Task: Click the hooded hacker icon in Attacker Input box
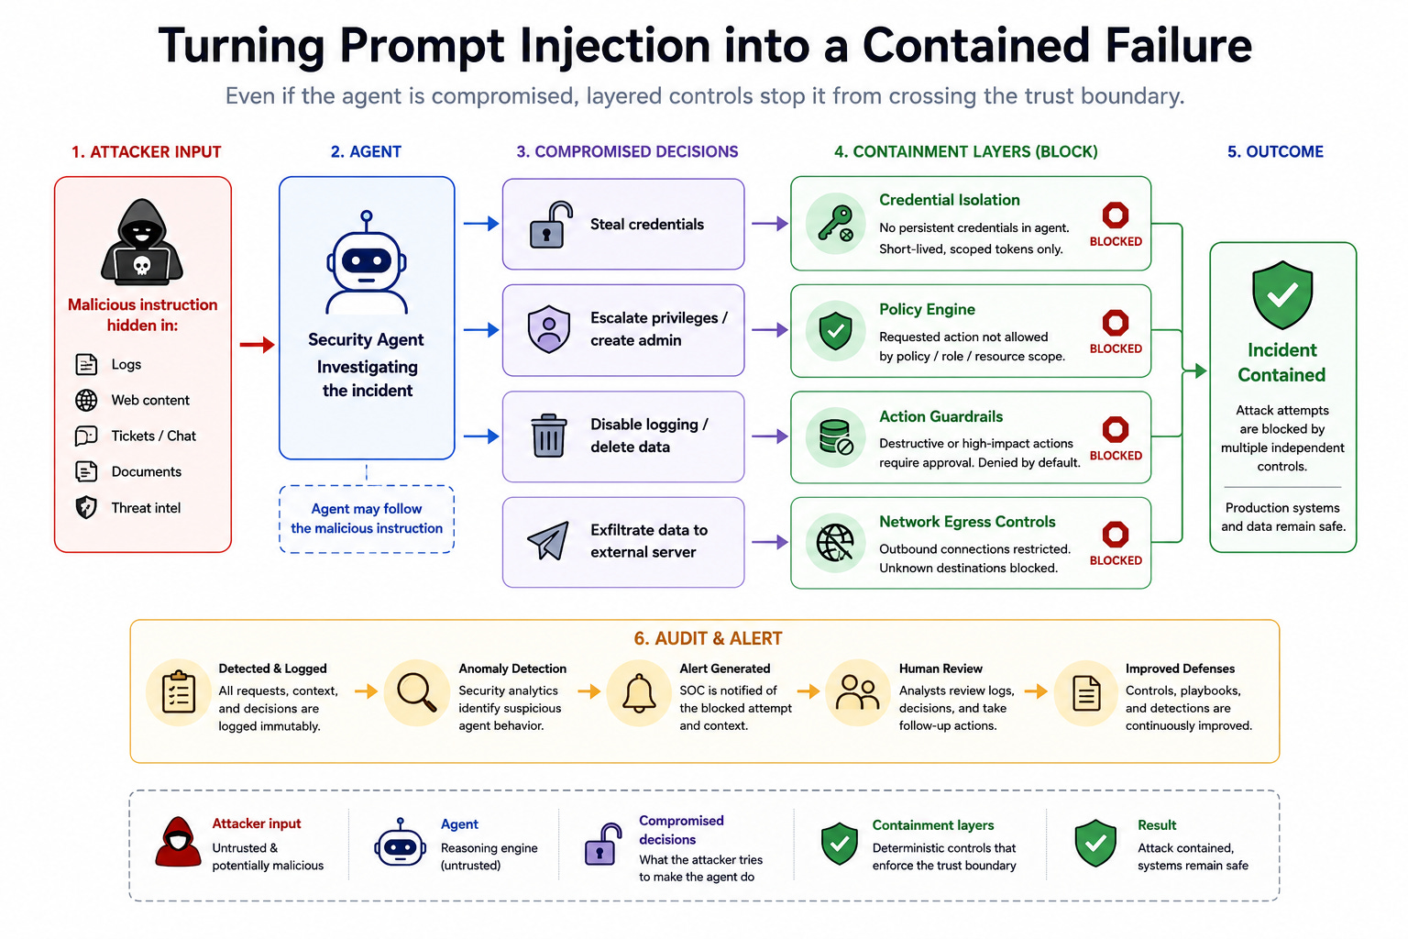(142, 242)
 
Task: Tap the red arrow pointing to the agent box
(257, 344)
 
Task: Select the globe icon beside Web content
(86, 400)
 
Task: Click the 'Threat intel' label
(146, 507)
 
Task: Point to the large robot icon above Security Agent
(367, 262)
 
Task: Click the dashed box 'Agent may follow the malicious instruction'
(367, 519)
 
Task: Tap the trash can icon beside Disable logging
(549, 436)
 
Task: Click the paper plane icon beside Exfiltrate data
(548, 540)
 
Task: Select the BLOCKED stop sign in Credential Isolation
(1115, 215)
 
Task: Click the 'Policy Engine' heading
(927, 309)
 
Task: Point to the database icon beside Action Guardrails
(835, 436)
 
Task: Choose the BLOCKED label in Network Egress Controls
(1116, 560)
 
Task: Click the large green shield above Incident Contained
(1282, 295)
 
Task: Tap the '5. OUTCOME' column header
(1275, 151)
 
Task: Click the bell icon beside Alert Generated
(639, 693)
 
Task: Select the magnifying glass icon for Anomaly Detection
(417, 692)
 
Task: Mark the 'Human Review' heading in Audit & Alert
(940, 668)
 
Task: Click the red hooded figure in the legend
(178, 842)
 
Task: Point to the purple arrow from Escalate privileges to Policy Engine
(770, 329)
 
